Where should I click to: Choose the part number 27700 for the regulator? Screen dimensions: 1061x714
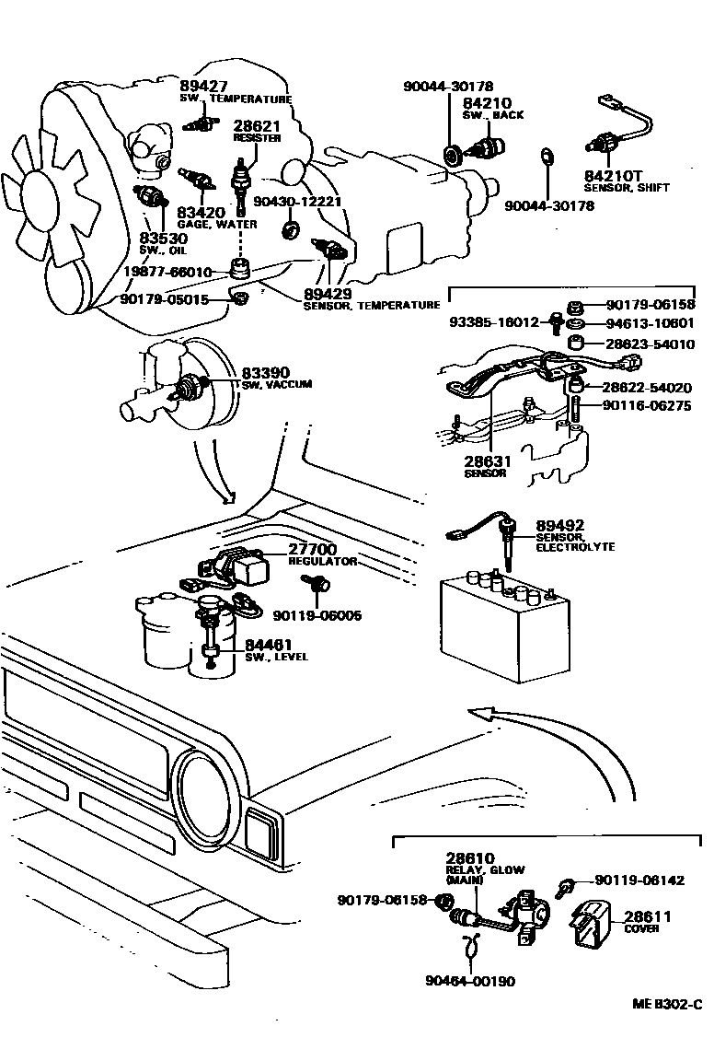[x=313, y=548]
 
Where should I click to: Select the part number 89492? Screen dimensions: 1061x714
[x=560, y=525]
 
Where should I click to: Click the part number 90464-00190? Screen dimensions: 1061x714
[x=471, y=981]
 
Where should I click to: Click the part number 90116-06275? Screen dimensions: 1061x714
[x=648, y=405]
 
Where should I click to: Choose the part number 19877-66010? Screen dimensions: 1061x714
[x=168, y=273]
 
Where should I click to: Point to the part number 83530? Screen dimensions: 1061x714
[x=163, y=238]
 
